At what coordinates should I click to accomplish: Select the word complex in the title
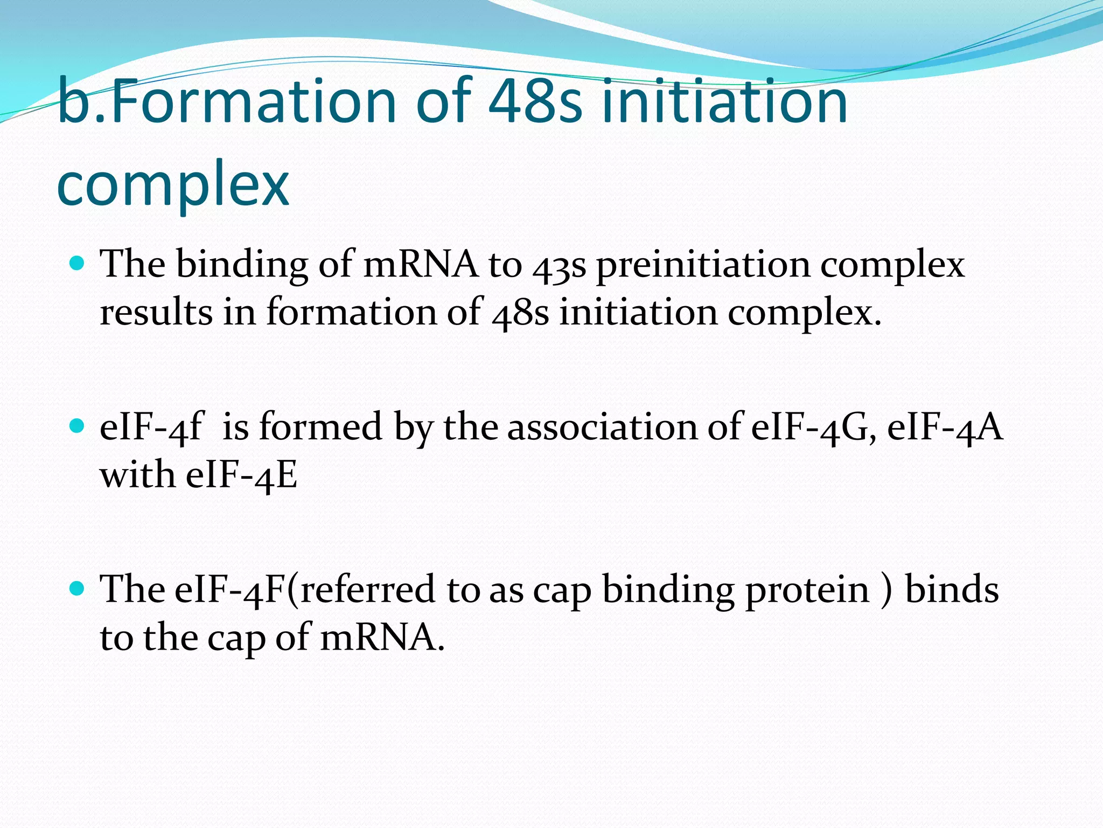pos(173,186)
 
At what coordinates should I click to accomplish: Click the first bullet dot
pos(78,264)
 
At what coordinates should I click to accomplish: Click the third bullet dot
pos(78,589)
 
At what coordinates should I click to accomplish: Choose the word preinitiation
pos(703,267)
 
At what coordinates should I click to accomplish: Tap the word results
pos(156,313)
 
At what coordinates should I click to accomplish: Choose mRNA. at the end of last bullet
pos(382,638)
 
